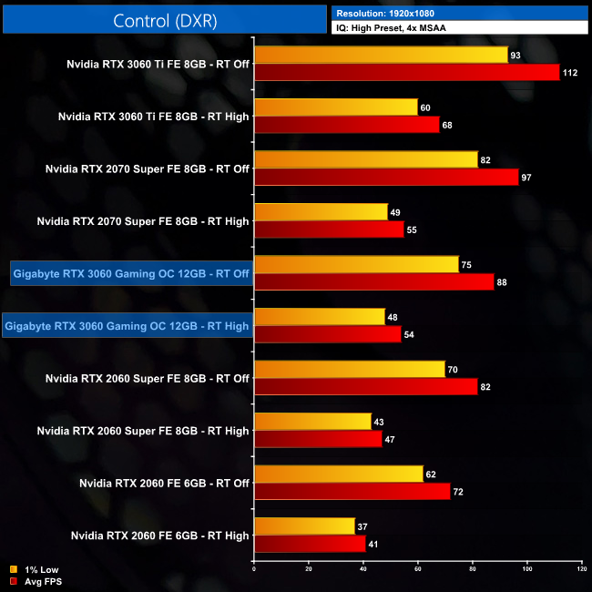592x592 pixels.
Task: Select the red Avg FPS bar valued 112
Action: tap(407, 73)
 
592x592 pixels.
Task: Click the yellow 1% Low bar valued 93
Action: tap(381, 56)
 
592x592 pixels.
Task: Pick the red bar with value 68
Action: tap(347, 125)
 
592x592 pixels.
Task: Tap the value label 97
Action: tap(526, 178)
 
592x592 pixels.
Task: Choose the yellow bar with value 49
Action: tap(322, 212)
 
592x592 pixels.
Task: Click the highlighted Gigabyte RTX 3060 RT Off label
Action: tap(131, 273)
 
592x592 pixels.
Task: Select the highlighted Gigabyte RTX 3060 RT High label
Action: tap(127, 325)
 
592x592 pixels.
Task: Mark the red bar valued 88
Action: tap(374, 282)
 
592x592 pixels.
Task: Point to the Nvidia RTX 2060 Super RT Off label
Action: tap(147, 378)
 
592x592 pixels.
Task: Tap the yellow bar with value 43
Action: tap(313, 422)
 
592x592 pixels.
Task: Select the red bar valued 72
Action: tap(352, 492)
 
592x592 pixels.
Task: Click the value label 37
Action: tap(363, 526)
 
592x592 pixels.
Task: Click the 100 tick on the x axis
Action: tap(527, 571)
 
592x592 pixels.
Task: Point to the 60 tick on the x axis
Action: tap(418, 571)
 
